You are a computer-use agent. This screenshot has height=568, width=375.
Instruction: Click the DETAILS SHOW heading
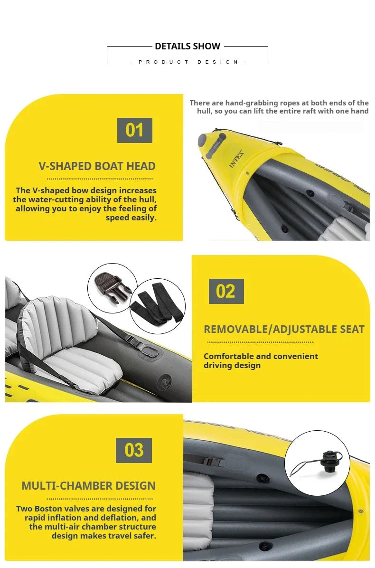click(187, 46)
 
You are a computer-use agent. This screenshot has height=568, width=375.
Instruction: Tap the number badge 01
click(134, 130)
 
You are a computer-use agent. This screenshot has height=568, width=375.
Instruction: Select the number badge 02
click(226, 291)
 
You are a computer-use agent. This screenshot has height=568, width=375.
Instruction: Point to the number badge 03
click(134, 450)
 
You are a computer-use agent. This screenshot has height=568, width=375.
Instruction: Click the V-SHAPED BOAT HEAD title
click(97, 166)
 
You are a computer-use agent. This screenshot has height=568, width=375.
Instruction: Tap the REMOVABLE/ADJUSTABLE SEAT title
click(284, 329)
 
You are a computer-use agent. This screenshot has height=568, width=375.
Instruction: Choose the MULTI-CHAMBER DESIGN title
click(88, 486)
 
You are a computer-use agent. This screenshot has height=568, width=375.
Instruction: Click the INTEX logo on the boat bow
click(236, 159)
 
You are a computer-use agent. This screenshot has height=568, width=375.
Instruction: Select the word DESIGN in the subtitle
click(218, 62)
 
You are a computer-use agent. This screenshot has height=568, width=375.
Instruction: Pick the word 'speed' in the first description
click(118, 218)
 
